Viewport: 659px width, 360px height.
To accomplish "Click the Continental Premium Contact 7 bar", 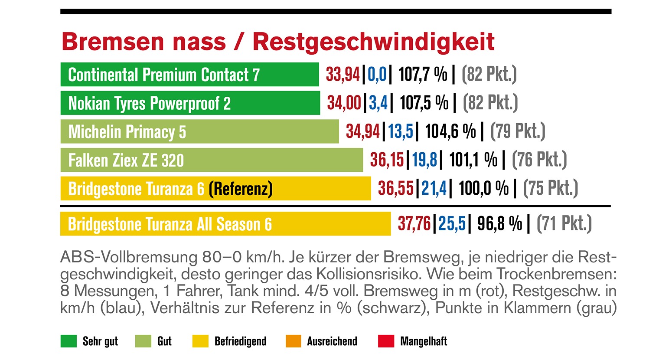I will coord(189,75).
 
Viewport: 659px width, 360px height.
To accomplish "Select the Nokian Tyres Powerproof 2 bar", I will coord(190,103).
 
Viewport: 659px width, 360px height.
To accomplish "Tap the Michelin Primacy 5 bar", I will coord(199,132).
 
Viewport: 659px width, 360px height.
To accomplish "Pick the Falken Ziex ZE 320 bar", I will coord(212,160).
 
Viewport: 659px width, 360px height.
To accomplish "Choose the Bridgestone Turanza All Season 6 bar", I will coord(225,224).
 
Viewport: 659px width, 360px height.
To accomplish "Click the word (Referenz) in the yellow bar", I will coord(241,189).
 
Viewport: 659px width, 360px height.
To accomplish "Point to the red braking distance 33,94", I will coord(343,75).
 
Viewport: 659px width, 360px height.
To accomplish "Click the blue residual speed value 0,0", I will coord(377,75).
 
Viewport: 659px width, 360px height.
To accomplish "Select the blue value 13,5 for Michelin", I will coord(401,132).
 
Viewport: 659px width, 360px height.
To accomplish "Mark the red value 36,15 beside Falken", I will coord(387,160).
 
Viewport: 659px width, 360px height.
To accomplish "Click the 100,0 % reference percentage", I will coord(483,189).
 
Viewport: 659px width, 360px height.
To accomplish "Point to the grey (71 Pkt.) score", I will coord(564,224).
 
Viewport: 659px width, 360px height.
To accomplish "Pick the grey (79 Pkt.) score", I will coord(518,132).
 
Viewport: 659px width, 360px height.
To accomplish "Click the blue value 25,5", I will coord(452,224).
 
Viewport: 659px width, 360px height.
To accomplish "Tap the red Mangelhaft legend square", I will coord(386,341).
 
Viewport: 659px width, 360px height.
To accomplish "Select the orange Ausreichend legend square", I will coord(294,341).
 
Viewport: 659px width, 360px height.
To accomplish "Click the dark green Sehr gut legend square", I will coord(69,341).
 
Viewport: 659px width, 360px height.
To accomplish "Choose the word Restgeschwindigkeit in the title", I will coord(373,42).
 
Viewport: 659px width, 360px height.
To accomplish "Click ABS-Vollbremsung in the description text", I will coord(129,258).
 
